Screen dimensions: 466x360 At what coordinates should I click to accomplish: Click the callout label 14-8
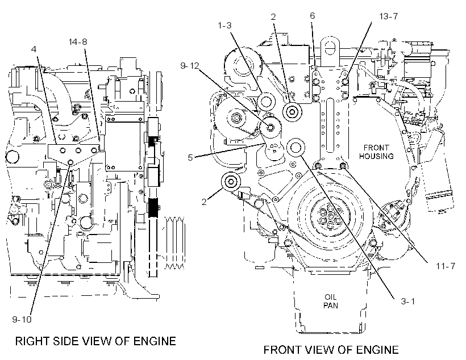coord(78,42)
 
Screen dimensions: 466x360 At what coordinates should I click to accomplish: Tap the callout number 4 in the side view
coord(34,49)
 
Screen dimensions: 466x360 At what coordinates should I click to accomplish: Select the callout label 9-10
coord(22,319)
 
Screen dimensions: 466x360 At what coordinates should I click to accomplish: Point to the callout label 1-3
coord(224,26)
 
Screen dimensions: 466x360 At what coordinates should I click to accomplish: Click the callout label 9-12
coord(190,66)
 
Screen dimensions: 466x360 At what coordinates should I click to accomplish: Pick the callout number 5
coord(190,157)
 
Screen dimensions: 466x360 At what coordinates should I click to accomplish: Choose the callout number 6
coord(312,16)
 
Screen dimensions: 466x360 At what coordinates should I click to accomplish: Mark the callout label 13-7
coord(389,16)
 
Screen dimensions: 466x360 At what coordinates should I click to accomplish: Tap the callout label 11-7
coord(446,266)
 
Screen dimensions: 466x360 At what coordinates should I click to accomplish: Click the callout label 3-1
coord(408,301)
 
